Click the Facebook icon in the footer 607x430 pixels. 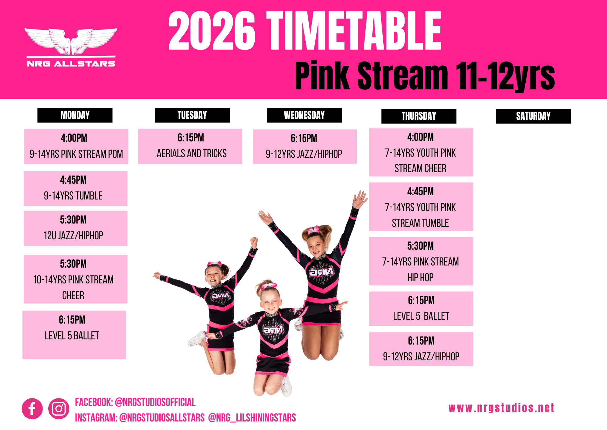[32, 408]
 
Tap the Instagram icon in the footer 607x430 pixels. [59, 408]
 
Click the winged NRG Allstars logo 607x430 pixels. [71, 47]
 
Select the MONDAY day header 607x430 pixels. [75, 115]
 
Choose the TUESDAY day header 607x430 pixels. [192, 115]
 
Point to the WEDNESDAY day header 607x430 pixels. [304, 115]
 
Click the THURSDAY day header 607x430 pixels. [419, 116]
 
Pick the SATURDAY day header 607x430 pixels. [533, 116]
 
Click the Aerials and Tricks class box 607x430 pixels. [190, 146]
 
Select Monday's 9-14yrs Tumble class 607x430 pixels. [76, 189]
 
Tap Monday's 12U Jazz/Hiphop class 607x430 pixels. [76, 228]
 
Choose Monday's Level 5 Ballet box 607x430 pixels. [74, 335]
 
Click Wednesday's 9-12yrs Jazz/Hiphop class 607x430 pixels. [305, 147]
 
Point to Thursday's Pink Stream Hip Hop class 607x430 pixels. [421, 261]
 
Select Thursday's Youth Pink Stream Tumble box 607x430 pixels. [421, 207]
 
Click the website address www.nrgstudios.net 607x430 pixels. [501, 408]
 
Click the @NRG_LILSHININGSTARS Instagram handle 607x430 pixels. [252, 418]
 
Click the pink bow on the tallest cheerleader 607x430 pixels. [314, 230]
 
